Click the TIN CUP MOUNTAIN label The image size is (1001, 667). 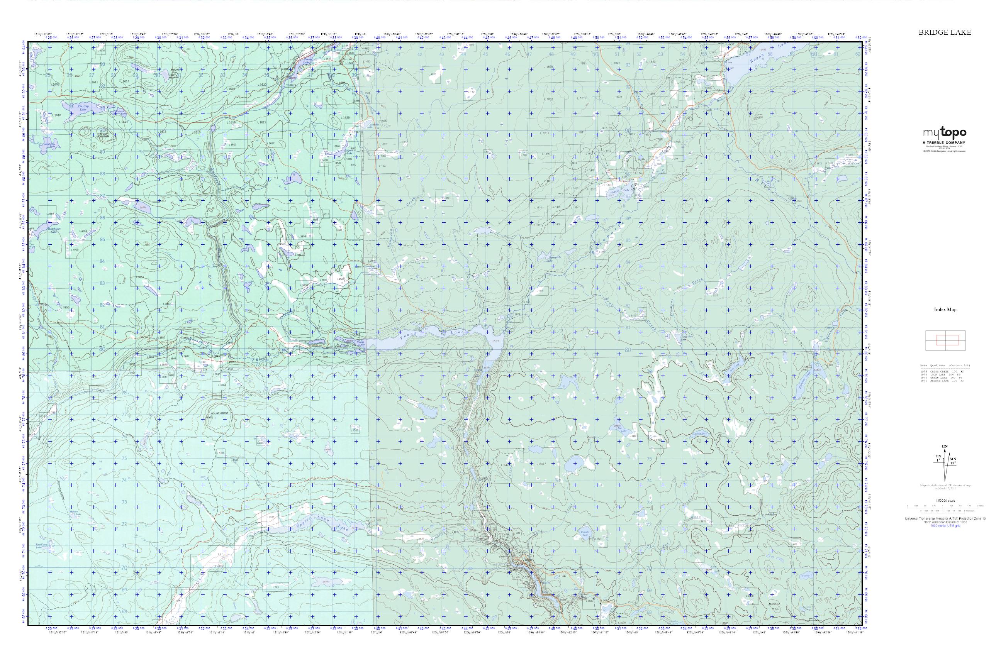point(103,135)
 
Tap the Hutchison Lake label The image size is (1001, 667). point(53,230)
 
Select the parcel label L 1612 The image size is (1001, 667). point(125,81)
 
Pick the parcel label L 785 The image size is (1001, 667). point(276,587)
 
